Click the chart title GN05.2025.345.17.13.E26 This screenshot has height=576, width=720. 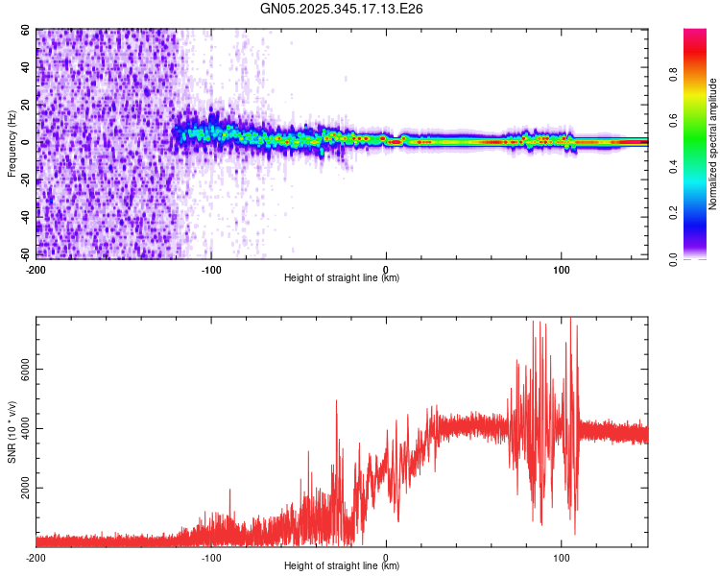342,9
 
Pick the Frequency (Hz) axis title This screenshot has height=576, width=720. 12,143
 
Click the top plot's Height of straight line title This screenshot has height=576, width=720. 342,278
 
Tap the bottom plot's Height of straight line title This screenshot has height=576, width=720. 342,567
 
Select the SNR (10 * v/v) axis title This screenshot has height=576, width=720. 12,432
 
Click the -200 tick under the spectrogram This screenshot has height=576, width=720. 36,269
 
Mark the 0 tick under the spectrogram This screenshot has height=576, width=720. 386,269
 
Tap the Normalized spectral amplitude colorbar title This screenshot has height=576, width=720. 714,144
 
